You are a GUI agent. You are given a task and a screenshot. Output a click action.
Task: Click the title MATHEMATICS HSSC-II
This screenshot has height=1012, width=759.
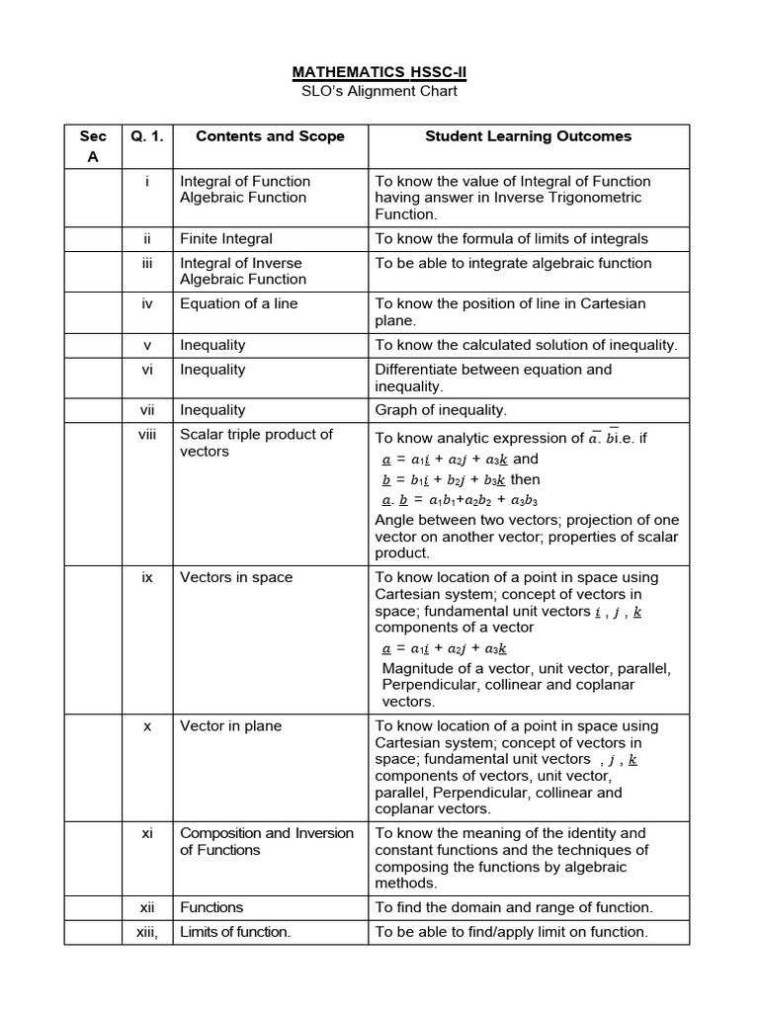coord(379,72)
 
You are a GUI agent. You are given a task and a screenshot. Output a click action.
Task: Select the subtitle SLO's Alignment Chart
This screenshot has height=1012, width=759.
coord(379,92)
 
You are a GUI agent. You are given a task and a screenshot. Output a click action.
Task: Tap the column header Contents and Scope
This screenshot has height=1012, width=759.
coord(270,136)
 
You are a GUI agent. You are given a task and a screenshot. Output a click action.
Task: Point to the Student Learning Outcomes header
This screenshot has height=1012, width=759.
coord(528,136)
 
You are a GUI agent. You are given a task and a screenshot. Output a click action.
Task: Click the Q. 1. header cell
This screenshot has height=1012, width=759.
coord(146,136)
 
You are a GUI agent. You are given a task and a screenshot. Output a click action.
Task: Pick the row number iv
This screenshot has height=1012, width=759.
coord(146,304)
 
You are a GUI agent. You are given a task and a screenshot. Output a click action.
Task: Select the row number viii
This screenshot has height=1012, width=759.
coord(146,435)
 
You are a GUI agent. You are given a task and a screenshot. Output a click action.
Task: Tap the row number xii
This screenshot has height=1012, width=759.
coord(146,907)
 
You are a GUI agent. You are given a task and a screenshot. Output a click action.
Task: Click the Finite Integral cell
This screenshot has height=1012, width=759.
coord(226,239)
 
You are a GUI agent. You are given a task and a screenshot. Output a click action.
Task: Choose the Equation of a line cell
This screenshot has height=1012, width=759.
coord(238,304)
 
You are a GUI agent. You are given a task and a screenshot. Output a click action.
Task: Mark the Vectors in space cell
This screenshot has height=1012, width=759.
coord(236,577)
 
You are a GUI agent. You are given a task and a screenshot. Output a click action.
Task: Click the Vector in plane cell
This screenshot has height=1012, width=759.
coord(230,725)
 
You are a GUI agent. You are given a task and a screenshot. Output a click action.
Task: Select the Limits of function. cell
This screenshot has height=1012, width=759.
coord(235,932)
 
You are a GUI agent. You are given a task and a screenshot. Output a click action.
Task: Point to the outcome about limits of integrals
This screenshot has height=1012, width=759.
coord(511,239)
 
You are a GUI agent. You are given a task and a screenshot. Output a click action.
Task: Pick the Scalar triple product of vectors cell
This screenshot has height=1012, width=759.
coord(256,443)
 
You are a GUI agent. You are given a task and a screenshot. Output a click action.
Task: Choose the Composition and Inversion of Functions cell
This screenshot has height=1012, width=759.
coord(266,841)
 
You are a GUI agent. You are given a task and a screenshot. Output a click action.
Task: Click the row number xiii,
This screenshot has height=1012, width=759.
coord(146,932)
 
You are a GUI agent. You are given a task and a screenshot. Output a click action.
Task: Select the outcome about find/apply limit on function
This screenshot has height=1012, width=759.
coord(511,932)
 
